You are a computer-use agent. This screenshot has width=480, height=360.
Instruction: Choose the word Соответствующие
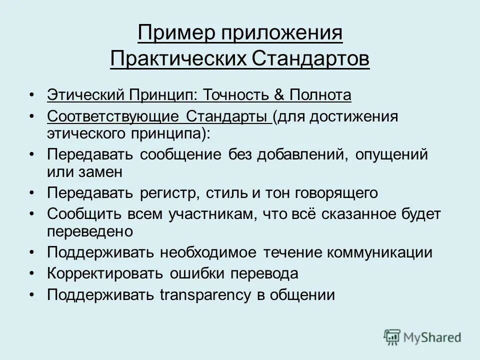[113, 116]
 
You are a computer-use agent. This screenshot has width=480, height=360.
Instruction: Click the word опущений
[391, 154]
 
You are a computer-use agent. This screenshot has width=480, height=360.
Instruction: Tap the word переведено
[89, 231]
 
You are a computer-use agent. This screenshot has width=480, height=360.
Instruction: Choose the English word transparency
[205, 295]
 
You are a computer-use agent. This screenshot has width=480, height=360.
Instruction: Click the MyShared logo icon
[392, 337]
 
